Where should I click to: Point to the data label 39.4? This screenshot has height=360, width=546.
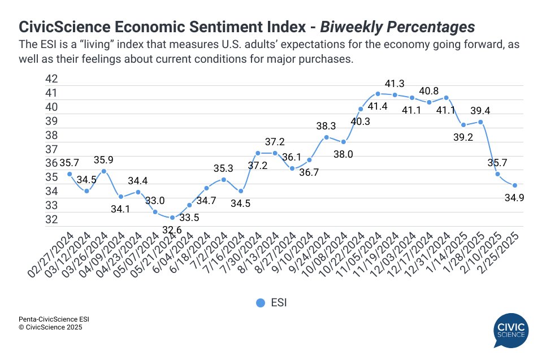pyautogui.click(x=480, y=110)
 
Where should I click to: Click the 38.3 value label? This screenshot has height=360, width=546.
pyautogui.click(x=326, y=125)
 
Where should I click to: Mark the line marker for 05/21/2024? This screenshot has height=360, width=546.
pyautogui.click(x=172, y=218)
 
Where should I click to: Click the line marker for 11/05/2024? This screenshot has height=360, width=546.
pyautogui.click(x=378, y=94)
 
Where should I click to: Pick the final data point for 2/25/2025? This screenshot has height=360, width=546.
pyautogui.click(x=515, y=185)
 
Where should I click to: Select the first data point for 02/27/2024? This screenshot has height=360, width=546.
pyautogui.click(x=70, y=174)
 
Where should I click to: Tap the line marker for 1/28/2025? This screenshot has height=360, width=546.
pyautogui.click(x=480, y=122)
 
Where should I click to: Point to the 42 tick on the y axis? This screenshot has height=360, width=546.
pyautogui.click(x=51, y=79)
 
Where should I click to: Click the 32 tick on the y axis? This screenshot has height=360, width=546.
pyautogui.click(x=51, y=219)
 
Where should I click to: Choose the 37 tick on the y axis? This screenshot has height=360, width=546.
pyautogui.click(x=51, y=149)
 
